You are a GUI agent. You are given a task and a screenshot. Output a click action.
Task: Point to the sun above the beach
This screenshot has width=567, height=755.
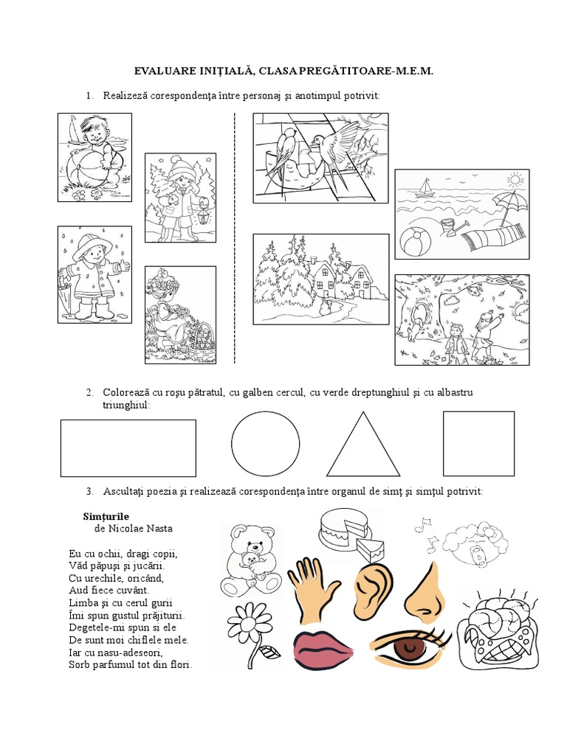coord(515,181)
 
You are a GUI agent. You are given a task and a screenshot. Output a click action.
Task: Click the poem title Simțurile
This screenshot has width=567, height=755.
coord(106,517)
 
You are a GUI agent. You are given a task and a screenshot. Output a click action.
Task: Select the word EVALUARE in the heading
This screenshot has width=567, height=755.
coord(163,72)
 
